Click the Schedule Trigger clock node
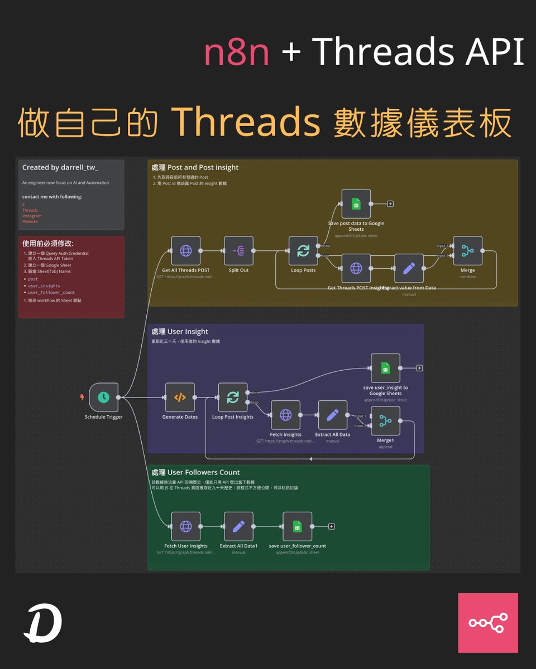point(103,397)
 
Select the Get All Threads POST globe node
point(185,251)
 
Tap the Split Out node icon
point(238,251)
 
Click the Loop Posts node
point(303,251)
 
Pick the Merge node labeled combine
point(468,251)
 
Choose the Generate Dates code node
point(180,397)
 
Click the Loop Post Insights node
point(232,397)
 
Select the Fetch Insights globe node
point(285,415)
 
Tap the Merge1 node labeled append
point(385,421)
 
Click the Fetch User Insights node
point(185,526)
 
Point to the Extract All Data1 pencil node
point(238,526)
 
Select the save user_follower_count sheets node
point(297,526)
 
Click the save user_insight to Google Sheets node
point(385,368)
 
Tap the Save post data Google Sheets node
point(356,204)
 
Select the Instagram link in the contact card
point(32,216)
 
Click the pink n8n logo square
point(488,623)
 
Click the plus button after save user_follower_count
point(332,526)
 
